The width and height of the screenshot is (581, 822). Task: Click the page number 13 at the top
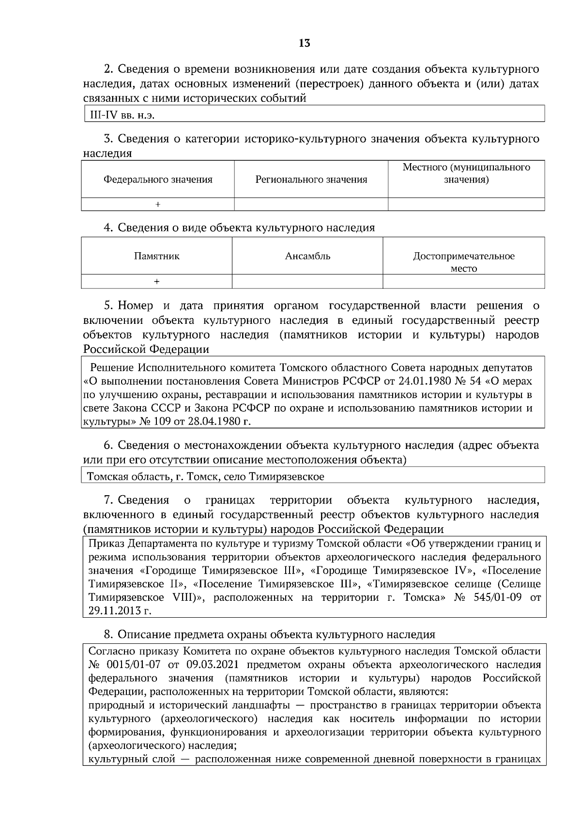pyautogui.click(x=304, y=43)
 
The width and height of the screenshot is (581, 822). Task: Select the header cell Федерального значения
pyautogui.click(x=158, y=180)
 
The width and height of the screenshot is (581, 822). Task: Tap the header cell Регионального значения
pyautogui.click(x=311, y=180)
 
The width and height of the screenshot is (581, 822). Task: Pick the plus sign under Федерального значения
pyautogui.click(x=157, y=205)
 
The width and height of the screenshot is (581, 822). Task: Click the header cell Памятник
pyautogui.click(x=156, y=256)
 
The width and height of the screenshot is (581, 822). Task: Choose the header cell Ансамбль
pyautogui.click(x=307, y=256)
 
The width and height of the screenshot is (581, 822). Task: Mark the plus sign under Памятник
pyautogui.click(x=156, y=282)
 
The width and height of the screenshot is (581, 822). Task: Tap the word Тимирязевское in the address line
pyautogui.click(x=286, y=476)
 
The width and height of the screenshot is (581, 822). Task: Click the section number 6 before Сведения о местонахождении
pyautogui.click(x=108, y=445)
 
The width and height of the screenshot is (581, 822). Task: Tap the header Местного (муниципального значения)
pyautogui.click(x=466, y=174)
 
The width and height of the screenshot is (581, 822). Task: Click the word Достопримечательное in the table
pyautogui.click(x=463, y=256)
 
